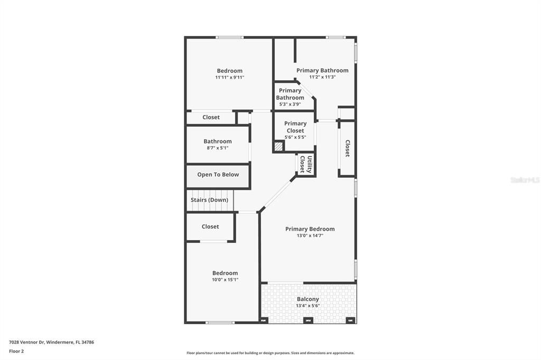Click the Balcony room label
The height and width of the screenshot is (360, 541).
tap(307, 299)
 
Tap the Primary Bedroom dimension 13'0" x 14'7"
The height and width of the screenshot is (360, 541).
tap(310, 235)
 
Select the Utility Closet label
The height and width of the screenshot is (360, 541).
tap(306, 164)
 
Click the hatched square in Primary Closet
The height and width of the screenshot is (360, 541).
tap(278, 146)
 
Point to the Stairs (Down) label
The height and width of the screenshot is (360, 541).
tap(209, 200)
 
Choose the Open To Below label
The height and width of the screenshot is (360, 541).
tap(218, 175)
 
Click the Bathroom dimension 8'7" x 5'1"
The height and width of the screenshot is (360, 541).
tap(218, 148)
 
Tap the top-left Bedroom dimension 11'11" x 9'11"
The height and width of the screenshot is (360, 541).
tap(229, 77)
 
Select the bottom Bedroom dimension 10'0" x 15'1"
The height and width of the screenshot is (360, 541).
tap(225, 280)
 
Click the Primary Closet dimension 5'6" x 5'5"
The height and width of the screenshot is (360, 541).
tap(295, 137)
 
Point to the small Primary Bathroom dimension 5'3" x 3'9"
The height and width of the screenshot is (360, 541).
tap(290, 104)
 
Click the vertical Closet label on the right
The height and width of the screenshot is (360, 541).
tap(347, 148)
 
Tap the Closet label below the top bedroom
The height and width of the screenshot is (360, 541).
tap(211, 117)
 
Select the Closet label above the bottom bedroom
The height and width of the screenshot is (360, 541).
tap(210, 226)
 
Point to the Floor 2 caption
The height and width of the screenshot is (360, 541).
tap(16, 351)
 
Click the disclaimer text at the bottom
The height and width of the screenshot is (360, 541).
tap(270, 353)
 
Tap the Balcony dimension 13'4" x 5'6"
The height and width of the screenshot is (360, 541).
tap(307, 306)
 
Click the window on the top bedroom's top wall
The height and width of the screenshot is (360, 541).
tap(229, 37)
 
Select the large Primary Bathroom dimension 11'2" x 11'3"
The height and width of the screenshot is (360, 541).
tap(322, 77)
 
